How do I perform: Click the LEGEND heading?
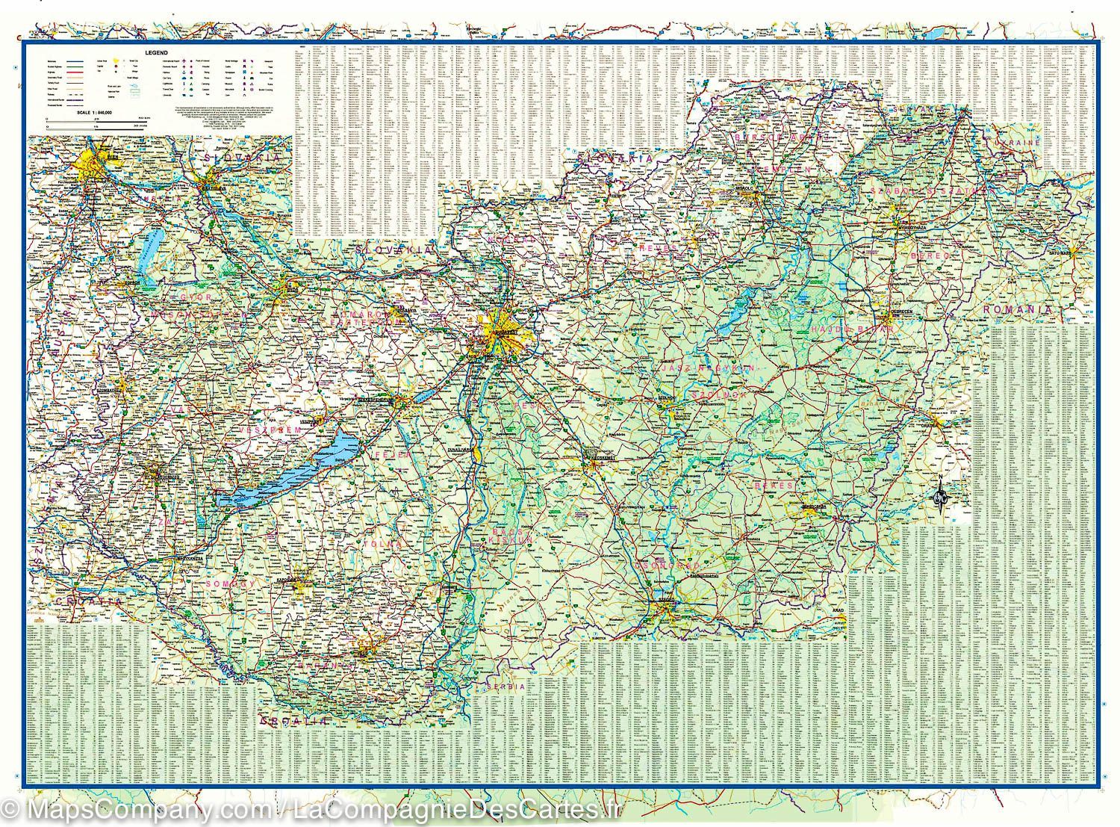point(158,54)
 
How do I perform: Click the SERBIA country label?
point(508,686)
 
